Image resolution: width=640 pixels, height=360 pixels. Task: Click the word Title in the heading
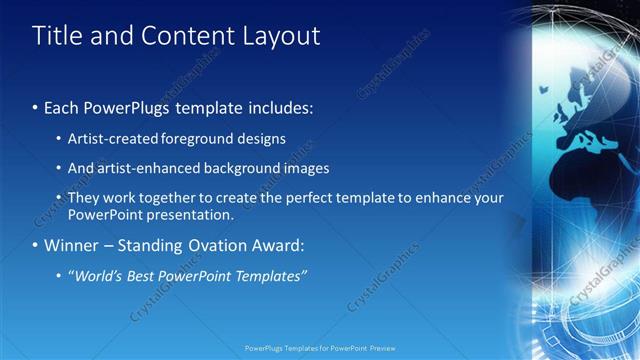tap(56, 36)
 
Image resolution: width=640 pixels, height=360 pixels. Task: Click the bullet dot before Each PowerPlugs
tap(36, 105)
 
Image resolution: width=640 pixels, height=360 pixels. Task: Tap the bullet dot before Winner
tap(36, 245)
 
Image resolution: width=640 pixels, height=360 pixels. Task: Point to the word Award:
tap(276, 245)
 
